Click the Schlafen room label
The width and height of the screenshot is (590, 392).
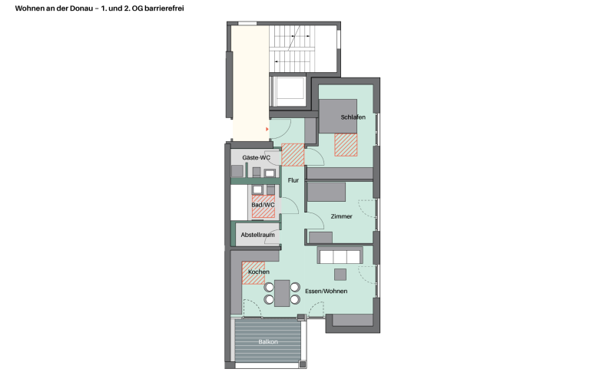pyautogui.click(x=353, y=117)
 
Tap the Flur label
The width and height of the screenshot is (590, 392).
pyautogui.click(x=293, y=180)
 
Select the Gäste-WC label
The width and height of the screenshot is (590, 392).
pyautogui.click(x=257, y=157)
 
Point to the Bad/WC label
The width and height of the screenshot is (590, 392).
pyautogui.click(x=263, y=205)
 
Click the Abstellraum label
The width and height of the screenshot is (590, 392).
pyautogui.click(x=258, y=235)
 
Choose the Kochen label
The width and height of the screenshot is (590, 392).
pyautogui.click(x=259, y=272)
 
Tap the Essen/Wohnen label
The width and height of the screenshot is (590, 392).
pyautogui.click(x=326, y=291)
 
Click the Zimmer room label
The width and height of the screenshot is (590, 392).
pyautogui.click(x=342, y=216)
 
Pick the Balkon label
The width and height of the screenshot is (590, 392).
pyautogui.click(x=268, y=342)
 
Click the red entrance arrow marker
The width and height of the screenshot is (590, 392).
pyautogui.click(x=267, y=130)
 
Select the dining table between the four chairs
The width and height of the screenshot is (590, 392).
pyautogui.click(x=282, y=293)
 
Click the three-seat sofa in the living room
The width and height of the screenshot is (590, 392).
pyautogui.click(x=340, y=255)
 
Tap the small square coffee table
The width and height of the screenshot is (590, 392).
pyautogui.click(x=340, y=275)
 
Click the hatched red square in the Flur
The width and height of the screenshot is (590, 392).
pyautogui.click(x=293, y=155)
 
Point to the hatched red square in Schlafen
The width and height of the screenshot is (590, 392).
pyautogui.click(x=346, y=145)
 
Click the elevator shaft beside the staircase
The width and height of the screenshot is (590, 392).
pyautogui.click(x=289, y=92)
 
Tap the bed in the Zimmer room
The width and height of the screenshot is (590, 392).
pyautogui.click(x=326, y=192)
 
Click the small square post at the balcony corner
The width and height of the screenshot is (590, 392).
pyautogui.click(x=303, y=364)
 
